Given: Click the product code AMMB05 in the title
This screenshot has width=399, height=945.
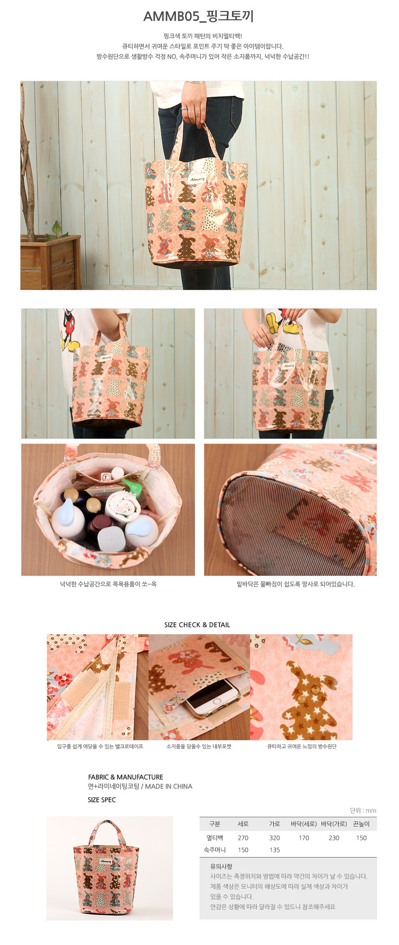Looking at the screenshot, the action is coord(171,17).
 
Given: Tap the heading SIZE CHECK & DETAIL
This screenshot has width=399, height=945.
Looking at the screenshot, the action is coord(197,625).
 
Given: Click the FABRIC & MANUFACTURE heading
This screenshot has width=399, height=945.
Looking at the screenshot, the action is coord(126,777).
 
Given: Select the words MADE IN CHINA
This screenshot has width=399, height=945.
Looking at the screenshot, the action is coord(168,786).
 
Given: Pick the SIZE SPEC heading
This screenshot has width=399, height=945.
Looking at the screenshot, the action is coord(102,800).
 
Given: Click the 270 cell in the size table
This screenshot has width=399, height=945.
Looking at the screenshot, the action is coord(243,838).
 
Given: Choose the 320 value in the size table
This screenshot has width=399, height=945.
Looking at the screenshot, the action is coord(275,838).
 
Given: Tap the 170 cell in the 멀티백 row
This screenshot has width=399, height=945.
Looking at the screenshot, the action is coord(304,838).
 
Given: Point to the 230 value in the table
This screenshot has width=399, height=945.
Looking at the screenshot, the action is coord(334,838).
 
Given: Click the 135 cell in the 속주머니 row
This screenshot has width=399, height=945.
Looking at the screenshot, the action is coord(275,850).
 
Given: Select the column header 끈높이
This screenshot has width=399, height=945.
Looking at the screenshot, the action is coord(361,824).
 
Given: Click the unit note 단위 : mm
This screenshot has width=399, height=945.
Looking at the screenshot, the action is coord(363,811).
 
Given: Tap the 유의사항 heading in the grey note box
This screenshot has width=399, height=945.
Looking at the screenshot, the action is coord(221,866).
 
